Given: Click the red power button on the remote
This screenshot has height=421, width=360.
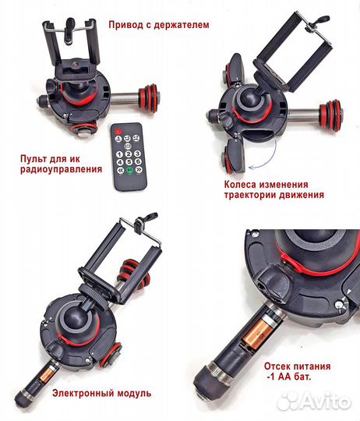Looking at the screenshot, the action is click(118, 131).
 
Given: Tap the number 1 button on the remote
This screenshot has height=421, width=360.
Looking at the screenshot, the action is click(120, 154).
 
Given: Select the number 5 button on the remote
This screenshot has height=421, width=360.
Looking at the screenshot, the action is click(129, 162).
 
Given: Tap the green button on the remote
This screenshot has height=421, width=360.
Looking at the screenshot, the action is click(130, 170).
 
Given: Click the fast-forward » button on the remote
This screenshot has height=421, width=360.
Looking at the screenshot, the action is click(139, 170).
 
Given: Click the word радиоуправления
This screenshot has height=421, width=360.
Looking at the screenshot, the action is click(61, 170).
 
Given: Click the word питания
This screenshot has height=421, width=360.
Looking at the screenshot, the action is click(312, 366).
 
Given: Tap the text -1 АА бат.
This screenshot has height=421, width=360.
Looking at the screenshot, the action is click(289, 377).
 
